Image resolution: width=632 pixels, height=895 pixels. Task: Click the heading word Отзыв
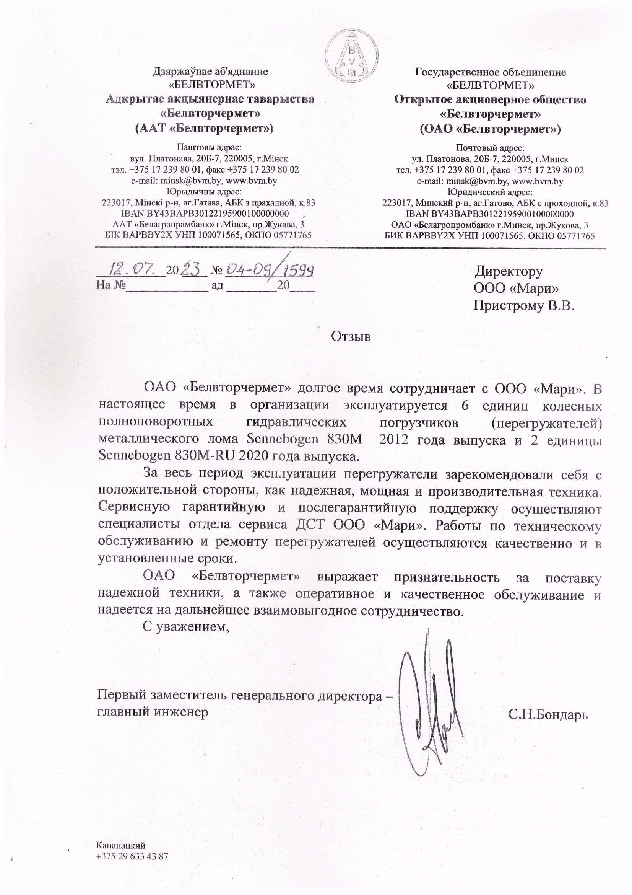[351, 336]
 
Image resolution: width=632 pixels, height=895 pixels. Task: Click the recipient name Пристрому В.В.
[524, 305]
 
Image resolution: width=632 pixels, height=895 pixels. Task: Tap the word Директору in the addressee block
[509, 271]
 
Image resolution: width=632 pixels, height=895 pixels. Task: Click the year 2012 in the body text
[393, 439]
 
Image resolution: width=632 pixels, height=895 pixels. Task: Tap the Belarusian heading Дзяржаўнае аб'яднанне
[210, 71]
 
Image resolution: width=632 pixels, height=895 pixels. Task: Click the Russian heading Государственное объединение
[490, 72]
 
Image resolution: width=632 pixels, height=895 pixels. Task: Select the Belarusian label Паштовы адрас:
[210, 147]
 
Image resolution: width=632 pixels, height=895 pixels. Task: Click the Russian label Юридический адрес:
[490, 192]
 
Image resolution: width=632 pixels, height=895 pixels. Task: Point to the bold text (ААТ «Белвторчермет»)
[204, 128]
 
